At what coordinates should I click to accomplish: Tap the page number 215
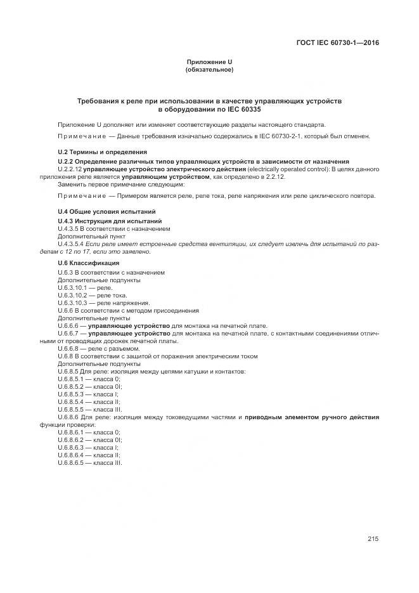[x=373, y=539]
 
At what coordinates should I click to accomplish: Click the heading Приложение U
[x=209, y=62]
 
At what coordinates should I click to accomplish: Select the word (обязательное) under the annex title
[x=209, y=69]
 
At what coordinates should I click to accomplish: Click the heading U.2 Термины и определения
[x=102, y=152]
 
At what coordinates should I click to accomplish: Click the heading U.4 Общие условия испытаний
[x=106, y=211]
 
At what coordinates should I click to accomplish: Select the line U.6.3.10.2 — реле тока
[x=92, y=295]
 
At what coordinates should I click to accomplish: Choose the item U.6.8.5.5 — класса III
[x=89, y=409]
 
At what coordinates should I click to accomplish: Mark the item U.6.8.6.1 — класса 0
[x=88, y=432]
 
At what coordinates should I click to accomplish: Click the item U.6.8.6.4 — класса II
[x=89, y=455]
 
